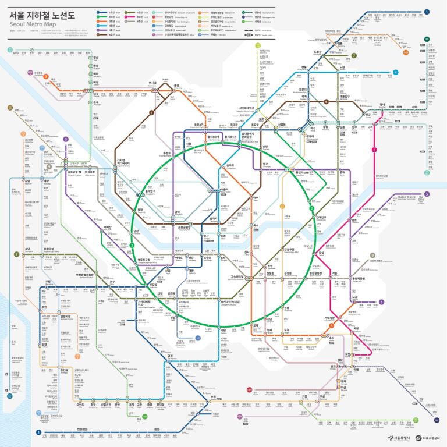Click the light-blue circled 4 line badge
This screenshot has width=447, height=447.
[x=395, y=73]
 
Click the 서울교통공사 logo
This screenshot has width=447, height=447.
[x=429, y=438]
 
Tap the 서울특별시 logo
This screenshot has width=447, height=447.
[x=399, y=438]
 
